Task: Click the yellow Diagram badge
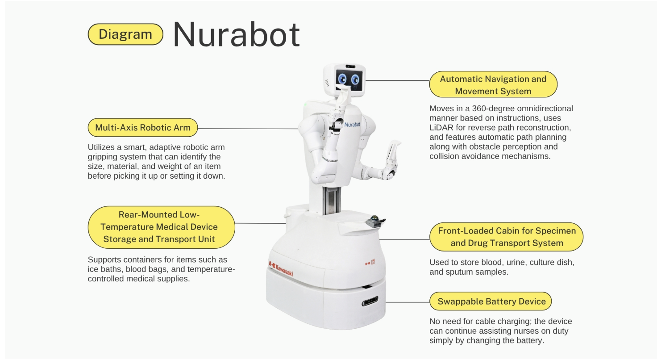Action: coord(125,34)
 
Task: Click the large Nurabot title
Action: coord(237,34)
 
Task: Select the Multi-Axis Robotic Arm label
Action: coord(143,128)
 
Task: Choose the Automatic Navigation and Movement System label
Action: coord(493,84)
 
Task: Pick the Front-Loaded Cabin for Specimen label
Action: coord(507,237)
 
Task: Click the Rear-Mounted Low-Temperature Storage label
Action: coord(161,227)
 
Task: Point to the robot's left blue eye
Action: coord(342,79)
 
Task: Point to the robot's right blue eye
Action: coord(355,80)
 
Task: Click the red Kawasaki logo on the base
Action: coord(281,268)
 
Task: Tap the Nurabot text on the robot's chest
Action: coord(352,125)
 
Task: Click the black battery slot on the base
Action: coord(370,301)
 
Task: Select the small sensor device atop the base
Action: coord(375,222)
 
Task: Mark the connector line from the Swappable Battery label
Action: coord(408,302)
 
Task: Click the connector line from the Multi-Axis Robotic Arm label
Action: coord(248,129)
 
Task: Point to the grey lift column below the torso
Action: coord(331,201)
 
